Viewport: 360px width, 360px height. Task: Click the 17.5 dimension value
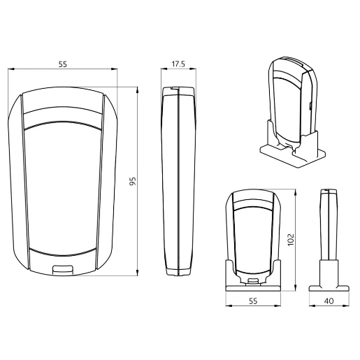[x=178, y=64]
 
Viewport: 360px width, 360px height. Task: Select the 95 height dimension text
[x=132, y=181]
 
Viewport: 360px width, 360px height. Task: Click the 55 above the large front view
[x=62, y=64]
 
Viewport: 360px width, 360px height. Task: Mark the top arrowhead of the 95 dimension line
[x=138, y=89]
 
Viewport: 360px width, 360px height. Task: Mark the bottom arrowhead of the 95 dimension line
[x=138, y=271]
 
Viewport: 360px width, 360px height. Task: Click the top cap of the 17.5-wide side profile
[x=179, y=91]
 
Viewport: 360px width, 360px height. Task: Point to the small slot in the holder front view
[x=254, y=282]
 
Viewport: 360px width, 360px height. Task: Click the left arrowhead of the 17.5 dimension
[x=164, y=70]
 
